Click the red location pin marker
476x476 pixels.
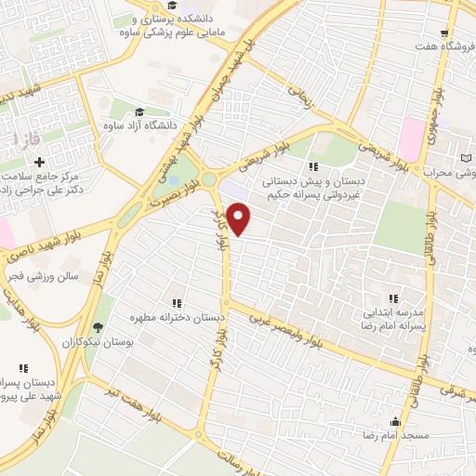pos(239,219)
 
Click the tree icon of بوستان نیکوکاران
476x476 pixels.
pos(98,326)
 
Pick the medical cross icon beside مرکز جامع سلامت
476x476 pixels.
pos(39,163)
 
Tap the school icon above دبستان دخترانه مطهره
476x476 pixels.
pos(176,303)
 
